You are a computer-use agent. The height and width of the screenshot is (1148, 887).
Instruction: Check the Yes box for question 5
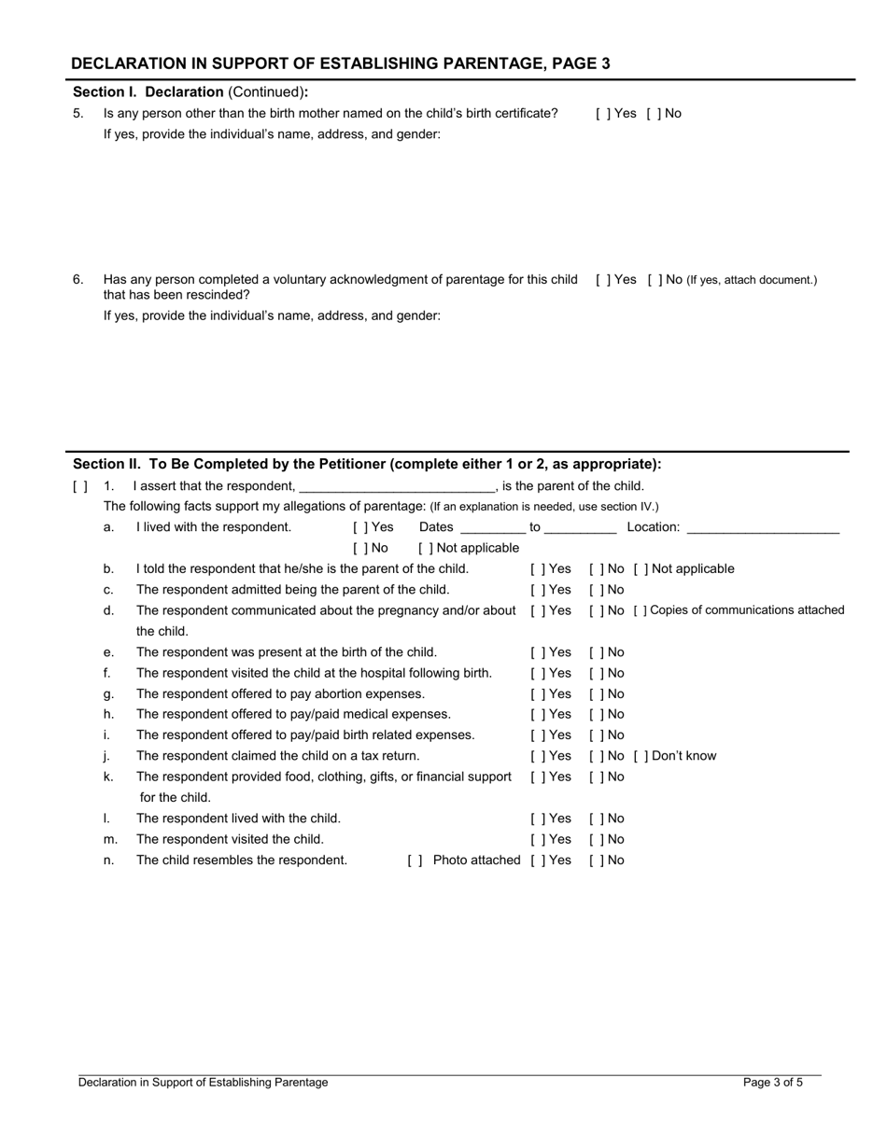[600, 114]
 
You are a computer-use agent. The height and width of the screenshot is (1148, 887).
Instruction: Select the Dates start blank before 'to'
[493, 528]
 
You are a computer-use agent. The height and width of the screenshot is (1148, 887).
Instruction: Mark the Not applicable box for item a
[425, 549]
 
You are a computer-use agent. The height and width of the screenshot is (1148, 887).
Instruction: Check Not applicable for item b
[640, 569]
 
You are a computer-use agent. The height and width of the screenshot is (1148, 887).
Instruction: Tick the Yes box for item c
[537, 590]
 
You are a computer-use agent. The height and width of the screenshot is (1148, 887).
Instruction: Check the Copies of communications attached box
[640, 610]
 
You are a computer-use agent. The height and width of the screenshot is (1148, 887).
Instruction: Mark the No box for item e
[595, 652]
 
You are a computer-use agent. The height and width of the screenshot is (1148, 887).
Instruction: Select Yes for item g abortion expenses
[537, 694]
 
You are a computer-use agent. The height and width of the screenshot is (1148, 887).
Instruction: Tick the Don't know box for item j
[640, 756]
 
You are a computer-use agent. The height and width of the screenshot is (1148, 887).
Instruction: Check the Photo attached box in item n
[415, 861]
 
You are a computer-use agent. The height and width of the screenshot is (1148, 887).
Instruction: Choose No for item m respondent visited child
[595, 840]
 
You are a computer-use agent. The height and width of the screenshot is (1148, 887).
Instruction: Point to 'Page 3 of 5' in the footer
[772, 1083]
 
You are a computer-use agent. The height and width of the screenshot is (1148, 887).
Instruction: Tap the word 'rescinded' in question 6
[218, 295]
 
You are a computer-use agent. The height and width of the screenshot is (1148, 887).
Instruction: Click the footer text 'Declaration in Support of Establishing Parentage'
[203, 1083]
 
